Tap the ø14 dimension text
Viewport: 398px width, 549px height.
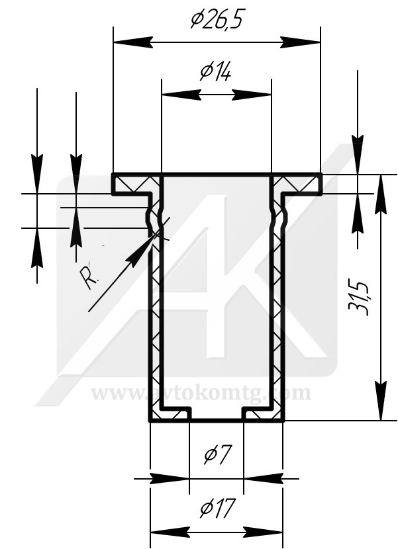click(x=215, y=71)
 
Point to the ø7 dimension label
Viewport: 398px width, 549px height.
click(x=217, y=455)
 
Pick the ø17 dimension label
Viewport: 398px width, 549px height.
click(x=217, y=509)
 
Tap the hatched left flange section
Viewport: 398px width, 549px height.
click(x=136, y=183)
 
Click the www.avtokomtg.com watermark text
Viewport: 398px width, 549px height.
click(x=201, y=393)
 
